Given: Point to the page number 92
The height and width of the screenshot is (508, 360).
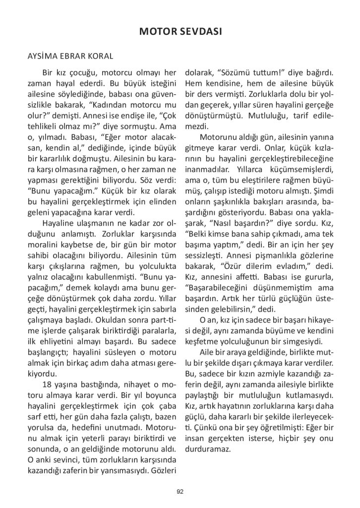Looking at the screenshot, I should [180, 492].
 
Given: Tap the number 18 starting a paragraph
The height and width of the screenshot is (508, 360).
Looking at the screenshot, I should [49, 385].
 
